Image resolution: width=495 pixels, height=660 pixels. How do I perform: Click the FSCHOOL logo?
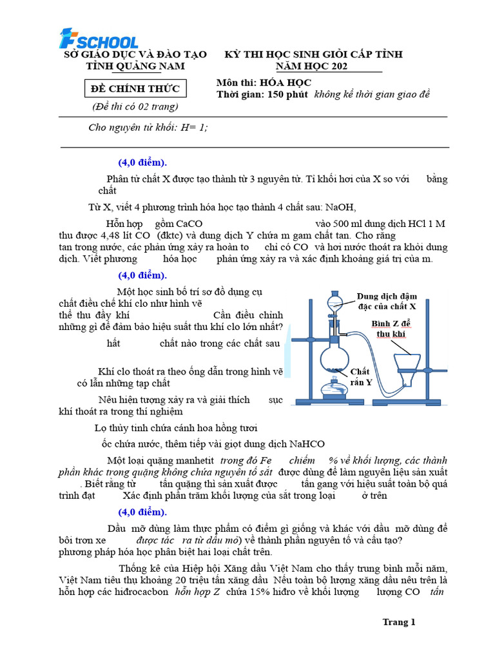[98, 39]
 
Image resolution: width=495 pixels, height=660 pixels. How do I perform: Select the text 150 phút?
[287, 95]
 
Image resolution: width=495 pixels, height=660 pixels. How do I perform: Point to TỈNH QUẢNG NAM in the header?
[135, 66]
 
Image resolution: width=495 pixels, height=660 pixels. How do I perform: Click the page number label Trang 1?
[399, 622]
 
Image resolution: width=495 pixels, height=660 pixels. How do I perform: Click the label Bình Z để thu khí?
[391, 328]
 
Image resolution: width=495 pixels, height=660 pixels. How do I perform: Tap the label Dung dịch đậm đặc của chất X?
[386, 301]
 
